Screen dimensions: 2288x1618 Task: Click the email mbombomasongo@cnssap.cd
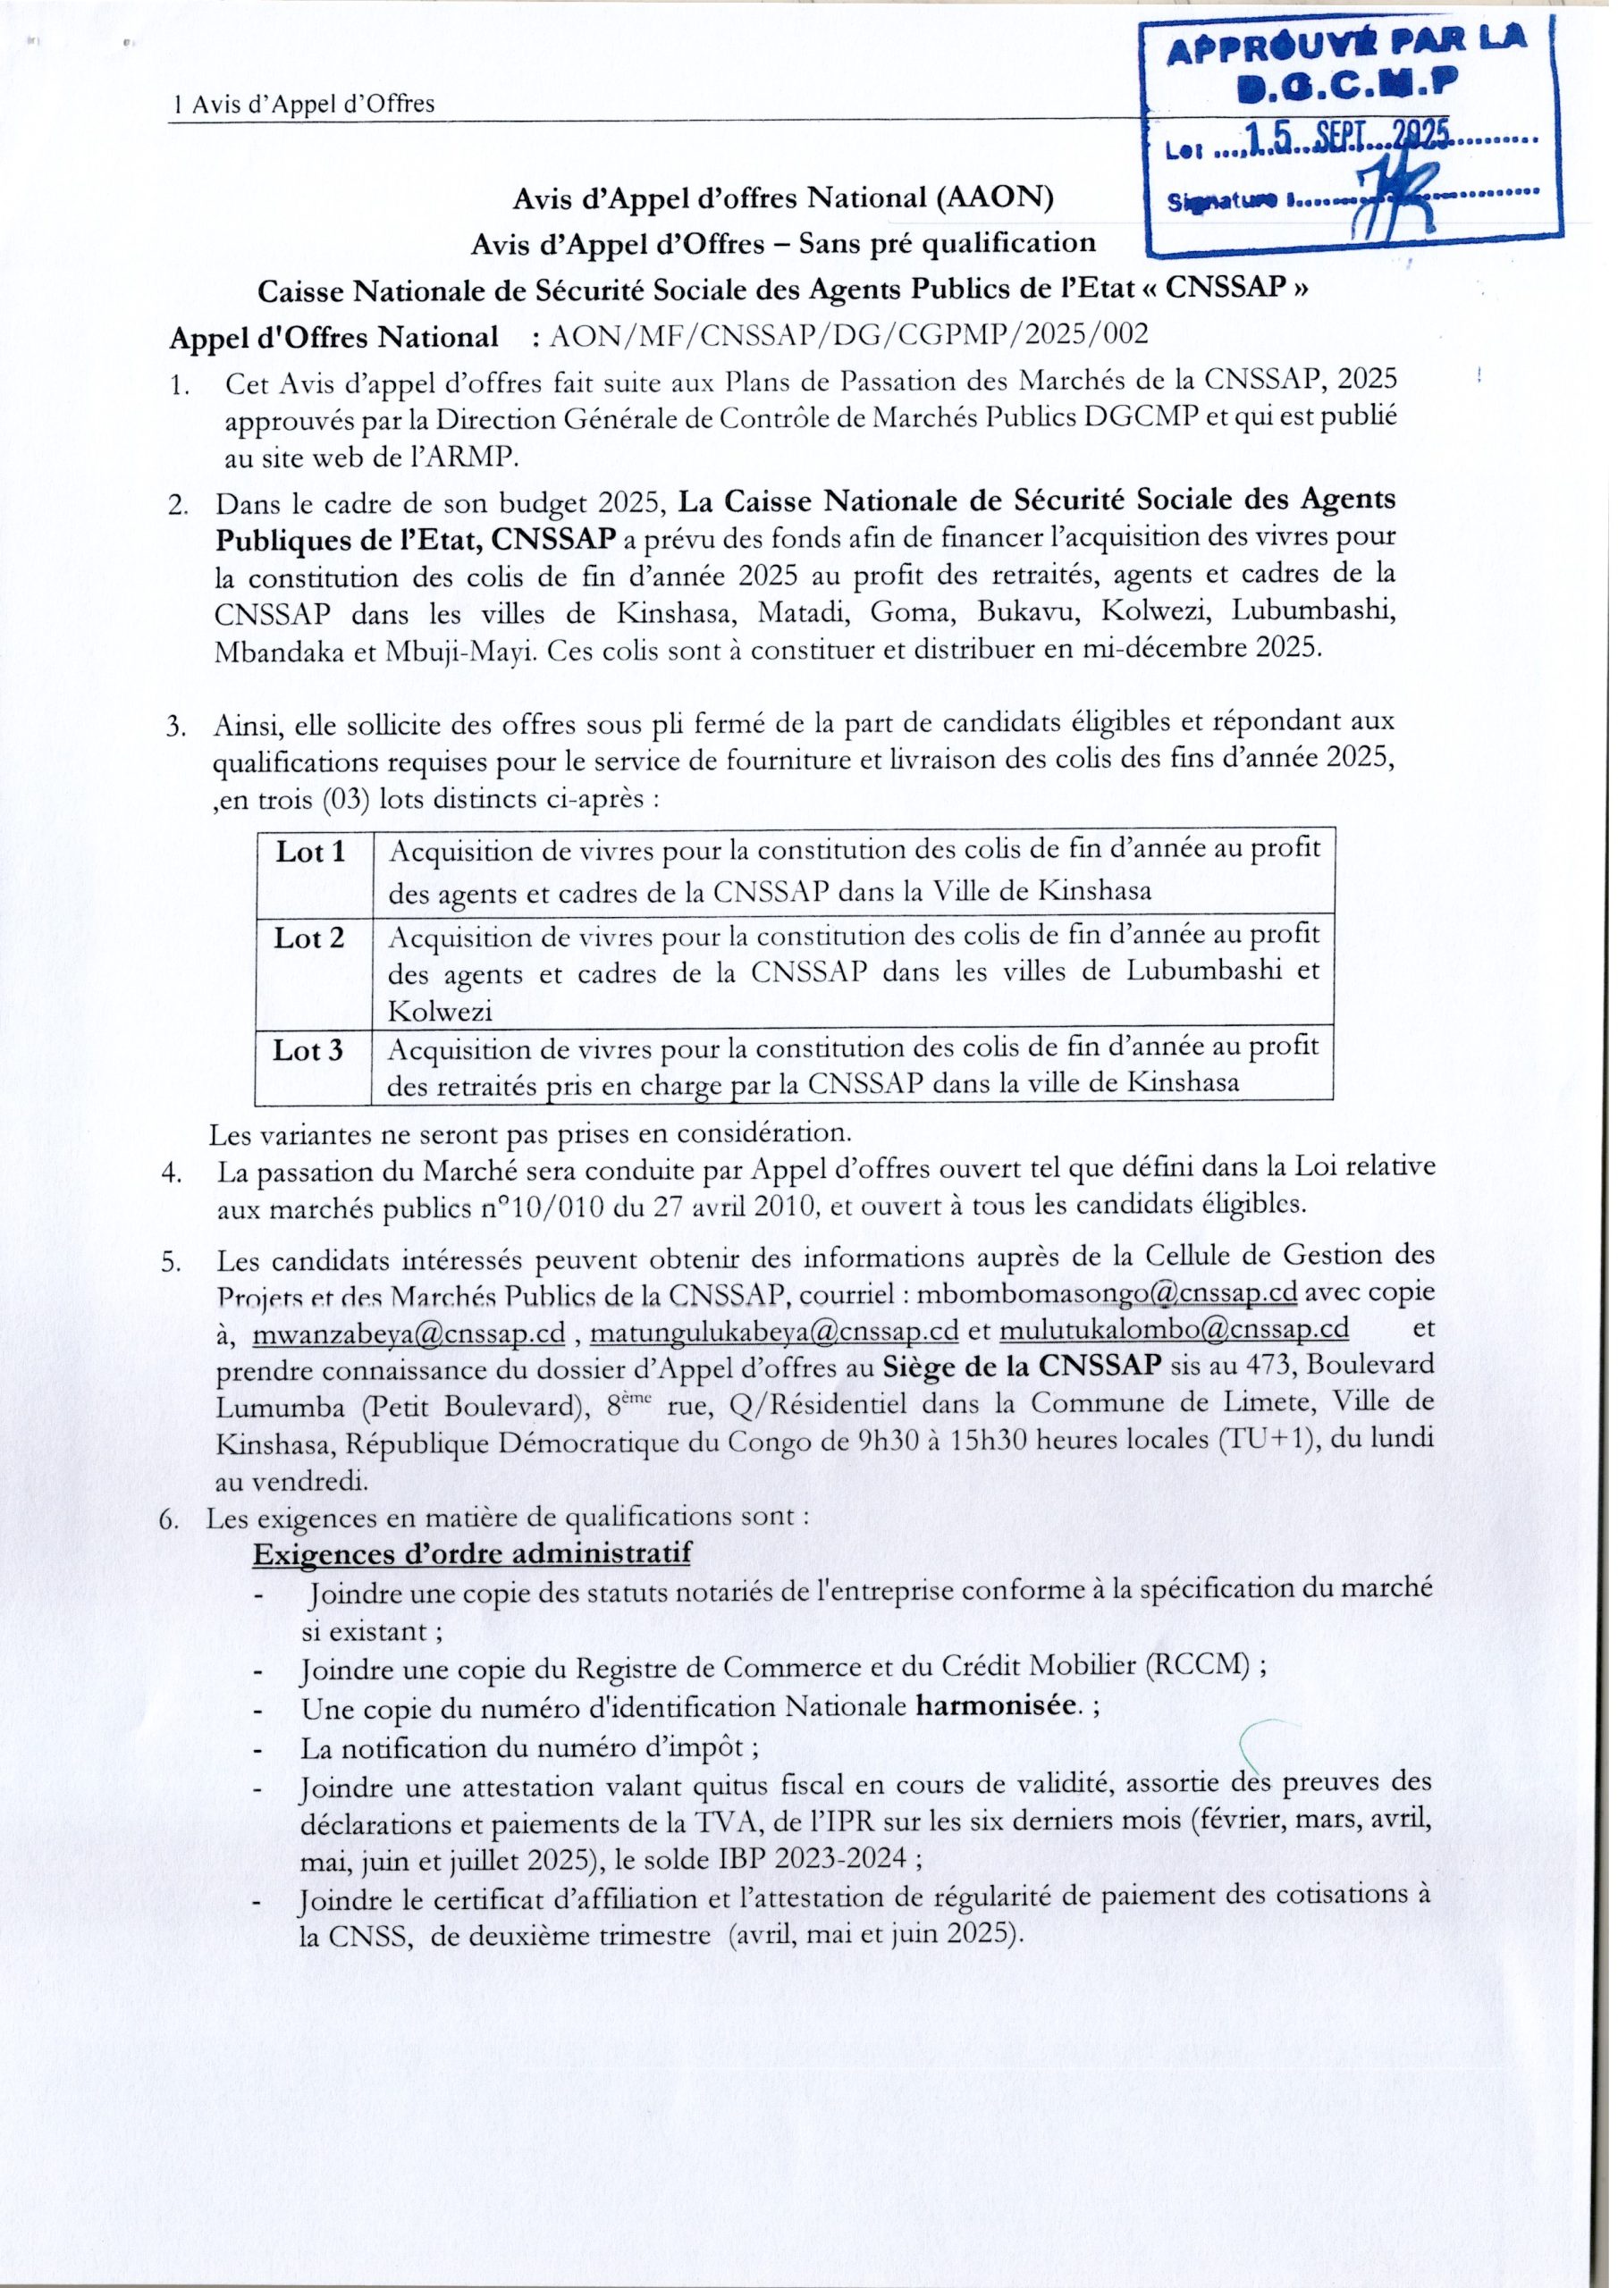(1106, 1292)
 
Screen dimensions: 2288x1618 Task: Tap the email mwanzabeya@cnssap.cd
(409, 1333)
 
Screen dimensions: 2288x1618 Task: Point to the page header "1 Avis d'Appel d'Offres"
(304, 104)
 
